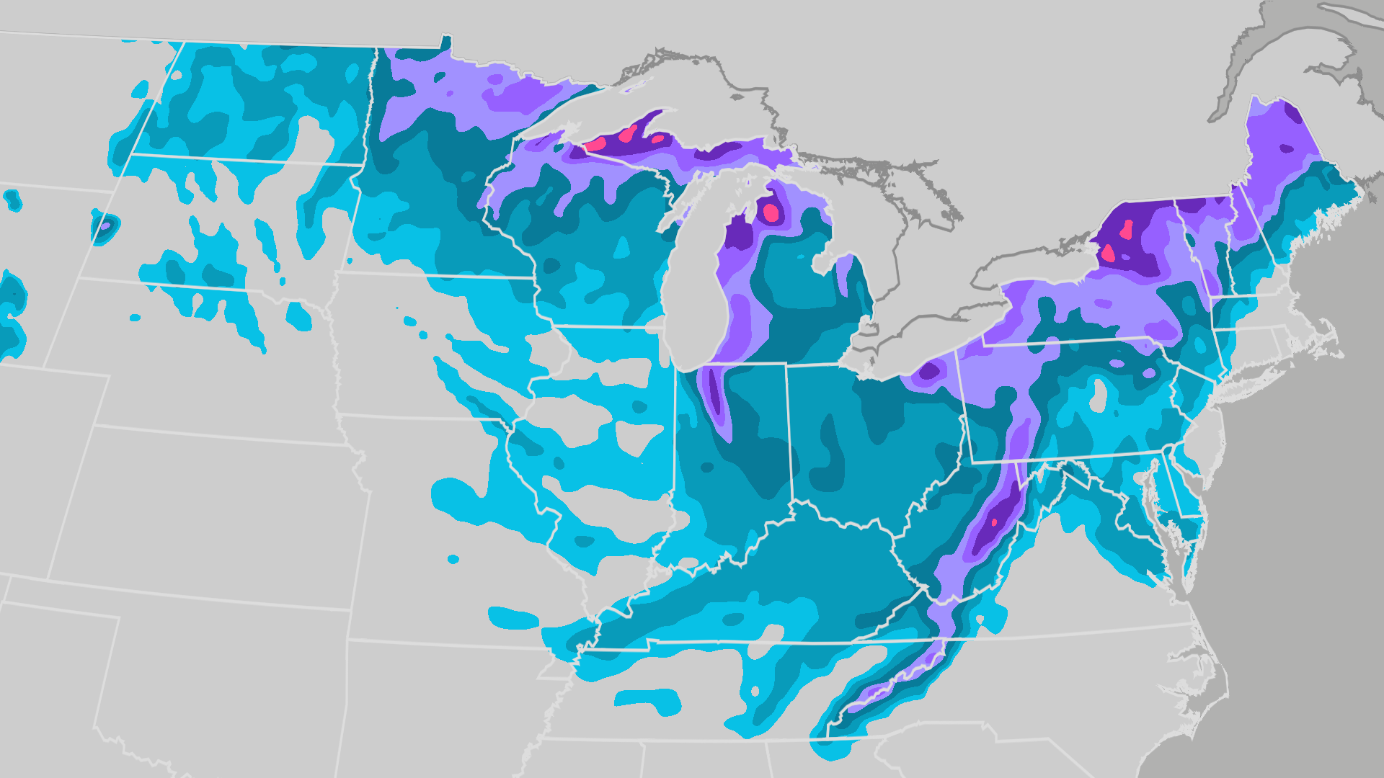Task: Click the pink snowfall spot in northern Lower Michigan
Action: click(x=771, y=212)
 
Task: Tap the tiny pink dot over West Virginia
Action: click(x=995, y=522)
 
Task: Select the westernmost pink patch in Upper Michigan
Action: click(x=595, y=143)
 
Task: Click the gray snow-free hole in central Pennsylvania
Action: click(x=1099, y=395)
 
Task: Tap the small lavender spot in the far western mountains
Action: click(x=105, y=226)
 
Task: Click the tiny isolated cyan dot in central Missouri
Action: click(x=453, y=559)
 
